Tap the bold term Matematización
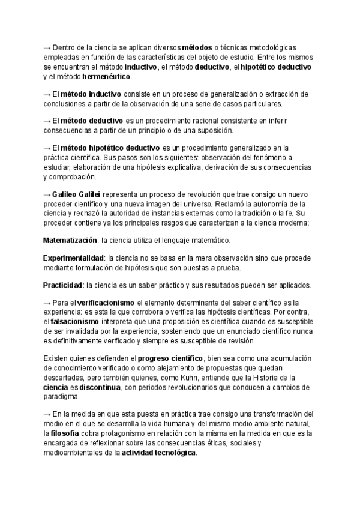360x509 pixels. coord(70,241)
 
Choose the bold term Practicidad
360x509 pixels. coord(63,285)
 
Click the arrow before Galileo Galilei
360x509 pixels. coord(47,195)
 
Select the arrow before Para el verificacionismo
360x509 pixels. coord(47,303)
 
